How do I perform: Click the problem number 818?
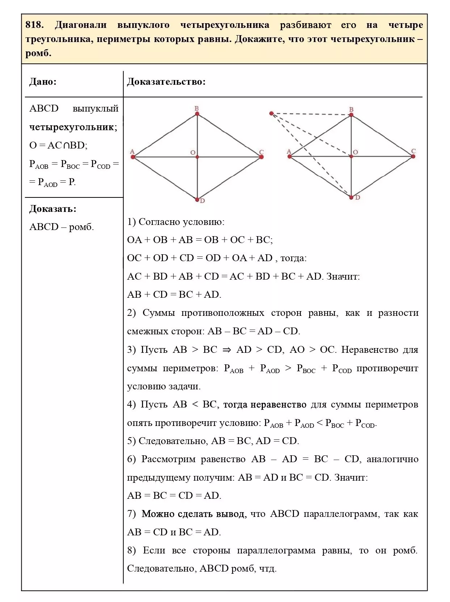pos(34,25)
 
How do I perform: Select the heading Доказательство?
pos(166,81)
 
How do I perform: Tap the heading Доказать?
pos(53,209)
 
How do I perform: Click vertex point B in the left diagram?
pos(197,114)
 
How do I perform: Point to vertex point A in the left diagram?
pos(133,157)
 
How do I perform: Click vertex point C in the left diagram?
pos(261,157)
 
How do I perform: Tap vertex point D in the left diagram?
pos(197,199)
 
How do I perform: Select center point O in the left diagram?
pos(197,157)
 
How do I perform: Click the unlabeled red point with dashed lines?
pos(272,113)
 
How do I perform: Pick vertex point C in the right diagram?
pos(413,156)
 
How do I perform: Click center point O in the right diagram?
pos(351,156)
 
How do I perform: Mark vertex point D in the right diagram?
pos(351,197)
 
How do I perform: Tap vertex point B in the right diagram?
pos(351,115)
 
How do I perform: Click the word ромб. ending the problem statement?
pos(38,54)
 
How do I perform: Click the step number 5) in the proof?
pos(131,441)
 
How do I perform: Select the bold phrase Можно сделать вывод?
pos(194,514)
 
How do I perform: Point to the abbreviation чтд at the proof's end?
pos(268,569)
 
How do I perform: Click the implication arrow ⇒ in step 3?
pos(227,350)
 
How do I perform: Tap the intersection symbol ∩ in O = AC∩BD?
pos(66,146)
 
